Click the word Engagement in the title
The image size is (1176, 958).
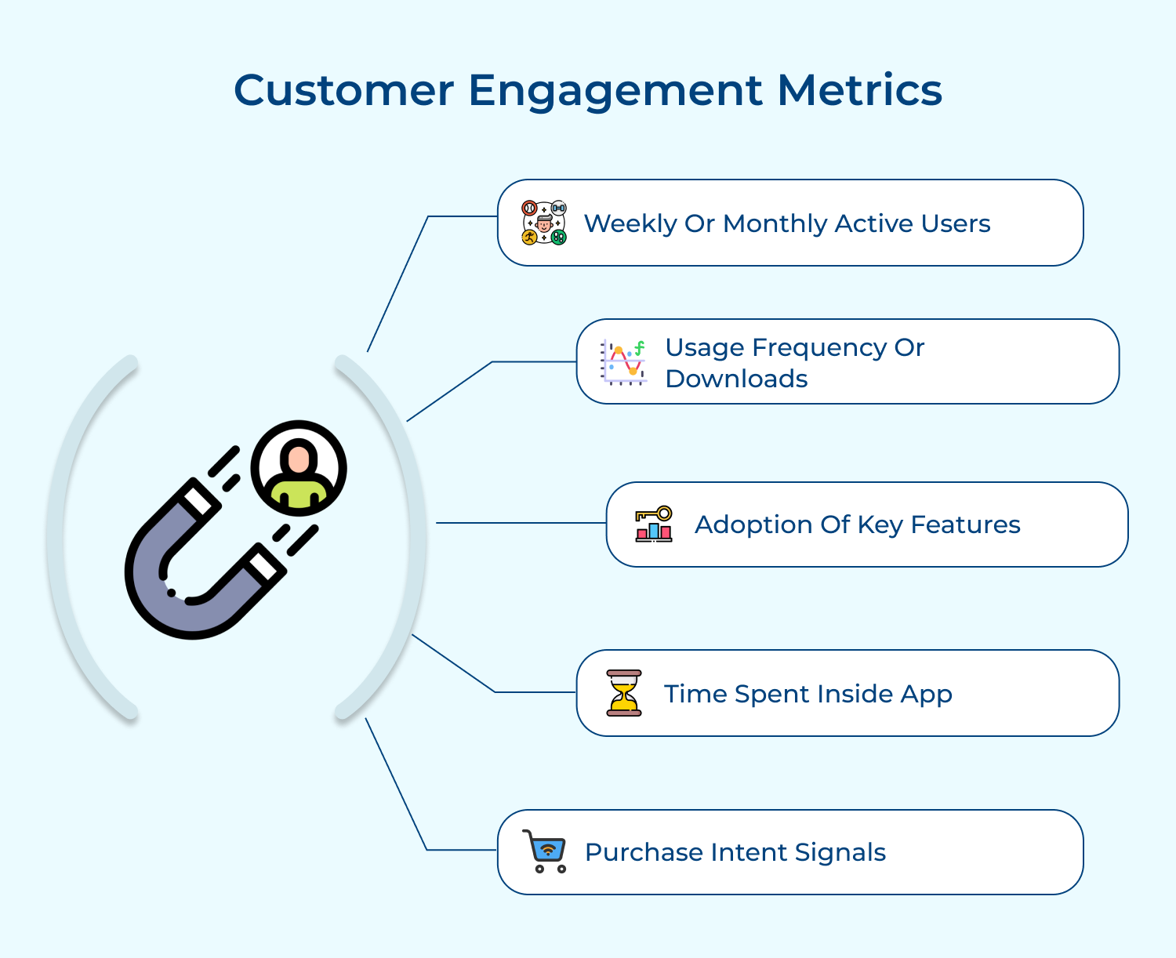pyautogui.click(x=615, y=91)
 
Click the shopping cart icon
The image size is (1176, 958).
pyautogui.click(x=545, y=851)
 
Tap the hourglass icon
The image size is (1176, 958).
pyautogui.click(x=624, y=693)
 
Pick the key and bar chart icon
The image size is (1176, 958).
pyautogui.click(x=654, y=524)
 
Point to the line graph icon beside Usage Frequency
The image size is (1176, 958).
pyautogui.click(x=623, y=362)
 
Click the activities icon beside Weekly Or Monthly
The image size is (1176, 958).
pyautogui.click(x=544, y=223)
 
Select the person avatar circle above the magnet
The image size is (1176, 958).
pyautogui.click(x=299, y=468)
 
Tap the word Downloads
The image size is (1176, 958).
pyautogui.click(x=736, y=379)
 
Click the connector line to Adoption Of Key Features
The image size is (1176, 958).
pyautogui.click(x=521, y=523)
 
